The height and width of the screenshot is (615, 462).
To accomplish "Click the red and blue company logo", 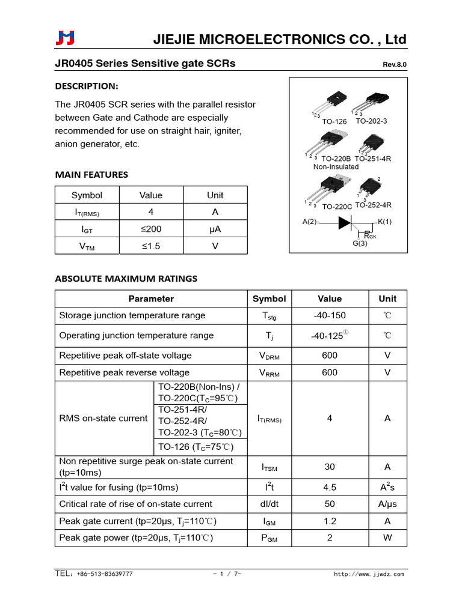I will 64,38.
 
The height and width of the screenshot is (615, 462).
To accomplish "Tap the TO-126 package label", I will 334,122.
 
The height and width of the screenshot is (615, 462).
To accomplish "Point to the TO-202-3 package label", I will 371,121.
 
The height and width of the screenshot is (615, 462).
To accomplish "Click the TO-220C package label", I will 337,207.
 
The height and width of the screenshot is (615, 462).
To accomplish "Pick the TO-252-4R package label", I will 373,205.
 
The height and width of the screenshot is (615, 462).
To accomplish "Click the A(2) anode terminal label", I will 309,222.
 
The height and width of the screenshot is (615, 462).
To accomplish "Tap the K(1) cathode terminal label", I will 384,222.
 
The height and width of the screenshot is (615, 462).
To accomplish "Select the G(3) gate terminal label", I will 360,243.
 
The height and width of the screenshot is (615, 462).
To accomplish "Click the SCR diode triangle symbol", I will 345,222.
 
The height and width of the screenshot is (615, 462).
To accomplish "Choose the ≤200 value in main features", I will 150,229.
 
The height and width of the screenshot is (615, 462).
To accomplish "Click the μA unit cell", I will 215,229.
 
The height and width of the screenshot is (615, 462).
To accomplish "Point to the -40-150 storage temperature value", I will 329,316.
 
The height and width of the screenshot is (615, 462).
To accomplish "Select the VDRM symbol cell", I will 269,356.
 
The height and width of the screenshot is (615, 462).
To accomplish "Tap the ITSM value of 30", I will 329,467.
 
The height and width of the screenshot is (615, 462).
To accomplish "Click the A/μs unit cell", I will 387,504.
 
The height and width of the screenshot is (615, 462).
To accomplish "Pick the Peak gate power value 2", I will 329,538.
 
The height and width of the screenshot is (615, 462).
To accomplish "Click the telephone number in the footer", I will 94,574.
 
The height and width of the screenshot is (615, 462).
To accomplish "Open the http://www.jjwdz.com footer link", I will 369,574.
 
